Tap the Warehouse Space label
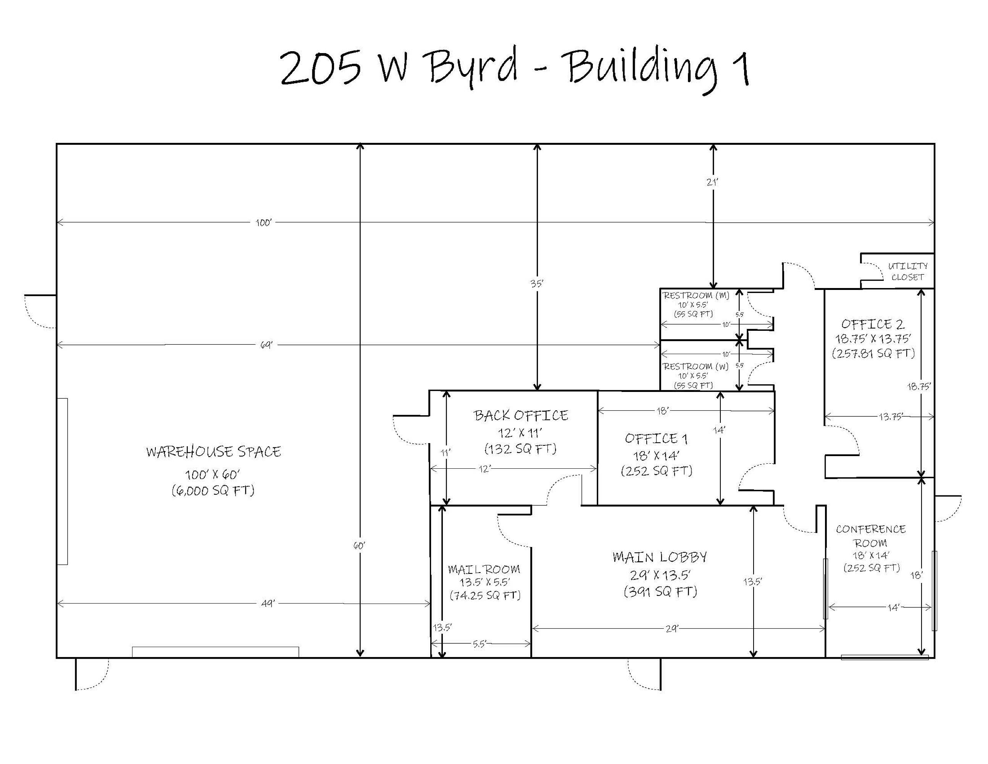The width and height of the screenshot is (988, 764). click(213, 452)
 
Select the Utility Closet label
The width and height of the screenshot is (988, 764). click(907, 272)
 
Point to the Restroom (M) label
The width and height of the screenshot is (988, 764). click(696, 296)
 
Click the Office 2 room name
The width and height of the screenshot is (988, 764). click(873, 324)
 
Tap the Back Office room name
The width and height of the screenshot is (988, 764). click(521, 416)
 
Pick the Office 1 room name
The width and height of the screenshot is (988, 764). click(656, 439)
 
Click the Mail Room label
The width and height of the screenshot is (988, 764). click(484, 569)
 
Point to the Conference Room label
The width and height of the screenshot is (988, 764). click(871, 536)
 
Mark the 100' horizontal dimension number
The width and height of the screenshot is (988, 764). click(264, 223)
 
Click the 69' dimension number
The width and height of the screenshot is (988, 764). click(267, 345)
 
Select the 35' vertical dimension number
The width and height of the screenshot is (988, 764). click(537, 284)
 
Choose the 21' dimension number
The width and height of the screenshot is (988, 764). click(712, 182)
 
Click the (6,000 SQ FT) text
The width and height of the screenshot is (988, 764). click(213, 490)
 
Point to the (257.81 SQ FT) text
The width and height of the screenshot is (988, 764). click(873, 353)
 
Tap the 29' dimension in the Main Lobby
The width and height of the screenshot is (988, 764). click(672, 629)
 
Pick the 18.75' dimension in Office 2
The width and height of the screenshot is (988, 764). click(919, 387)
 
